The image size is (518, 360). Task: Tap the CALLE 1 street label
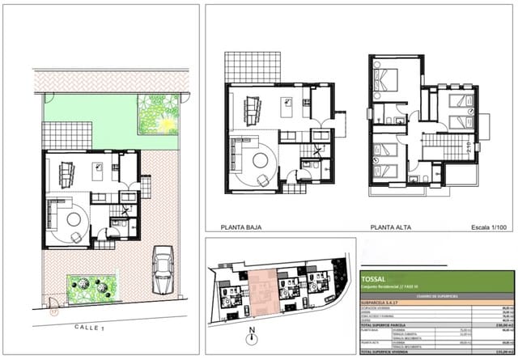(89, 328)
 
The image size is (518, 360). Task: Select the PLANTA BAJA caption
(243, 228)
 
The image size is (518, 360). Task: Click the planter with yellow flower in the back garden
(158, 115)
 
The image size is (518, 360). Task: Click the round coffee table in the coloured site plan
(74, 218)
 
